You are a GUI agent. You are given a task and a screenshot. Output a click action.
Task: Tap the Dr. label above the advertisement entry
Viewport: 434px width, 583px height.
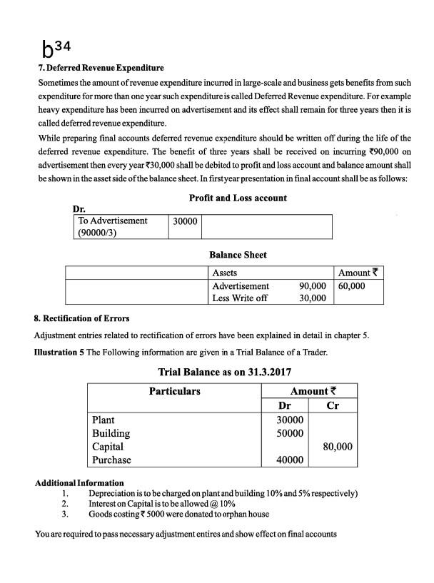(x=79, y=209)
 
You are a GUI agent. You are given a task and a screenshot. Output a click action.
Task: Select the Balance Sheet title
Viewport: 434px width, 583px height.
(x=238, y=255)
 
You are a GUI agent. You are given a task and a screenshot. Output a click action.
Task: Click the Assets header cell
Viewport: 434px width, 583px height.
(x=225, y=273)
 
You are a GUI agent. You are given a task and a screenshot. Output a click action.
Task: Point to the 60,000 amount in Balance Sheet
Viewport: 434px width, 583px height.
(x=351, y=285)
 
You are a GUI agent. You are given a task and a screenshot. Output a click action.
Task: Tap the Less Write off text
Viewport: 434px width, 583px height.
(x=240, y=298)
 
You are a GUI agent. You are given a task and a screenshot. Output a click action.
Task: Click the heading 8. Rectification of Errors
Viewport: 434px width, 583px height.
(x=82, y=318)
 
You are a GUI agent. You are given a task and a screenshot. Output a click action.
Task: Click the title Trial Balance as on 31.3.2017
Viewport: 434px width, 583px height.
(x=224, y=372)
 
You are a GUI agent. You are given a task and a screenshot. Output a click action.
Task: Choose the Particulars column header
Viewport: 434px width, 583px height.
(x=174, y=391)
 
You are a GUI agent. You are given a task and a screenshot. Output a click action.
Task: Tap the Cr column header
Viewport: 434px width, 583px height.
(x=332, y=406)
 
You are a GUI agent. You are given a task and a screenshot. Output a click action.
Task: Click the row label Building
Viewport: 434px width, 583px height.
(x=111, y=433)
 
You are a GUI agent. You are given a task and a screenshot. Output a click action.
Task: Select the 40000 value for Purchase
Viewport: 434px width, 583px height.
(x=290, y=460)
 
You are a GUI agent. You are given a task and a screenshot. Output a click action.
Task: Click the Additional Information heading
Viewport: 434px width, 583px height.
(x=79, y=483)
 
